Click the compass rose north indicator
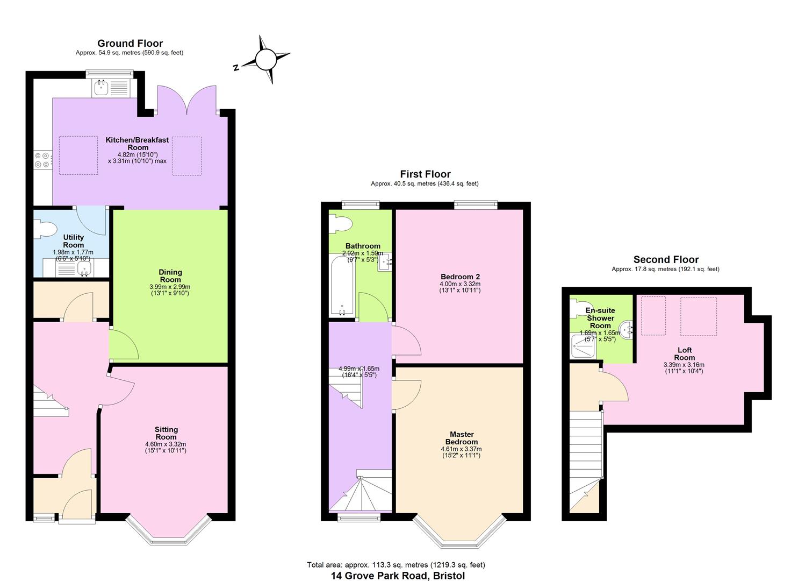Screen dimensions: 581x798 (265, 60)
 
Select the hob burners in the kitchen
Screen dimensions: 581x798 (42, 160)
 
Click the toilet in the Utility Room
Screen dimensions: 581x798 (45, 230)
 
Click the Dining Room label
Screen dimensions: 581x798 (170, 275)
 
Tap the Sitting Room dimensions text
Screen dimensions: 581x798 (166, 447)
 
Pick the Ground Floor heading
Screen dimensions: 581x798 (130, 43)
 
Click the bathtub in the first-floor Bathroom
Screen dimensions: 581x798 (341, 285)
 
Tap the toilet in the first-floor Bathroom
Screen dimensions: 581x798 (340, 223)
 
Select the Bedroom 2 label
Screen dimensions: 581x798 (459, 277)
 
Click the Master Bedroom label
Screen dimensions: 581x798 (462, 438)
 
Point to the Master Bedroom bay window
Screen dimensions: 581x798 (459, 533)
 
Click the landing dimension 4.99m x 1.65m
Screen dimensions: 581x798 (358, 372)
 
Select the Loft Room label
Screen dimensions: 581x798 (684, 353)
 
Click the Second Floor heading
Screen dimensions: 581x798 (666, 259)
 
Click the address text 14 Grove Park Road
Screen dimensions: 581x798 (398, 575)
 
